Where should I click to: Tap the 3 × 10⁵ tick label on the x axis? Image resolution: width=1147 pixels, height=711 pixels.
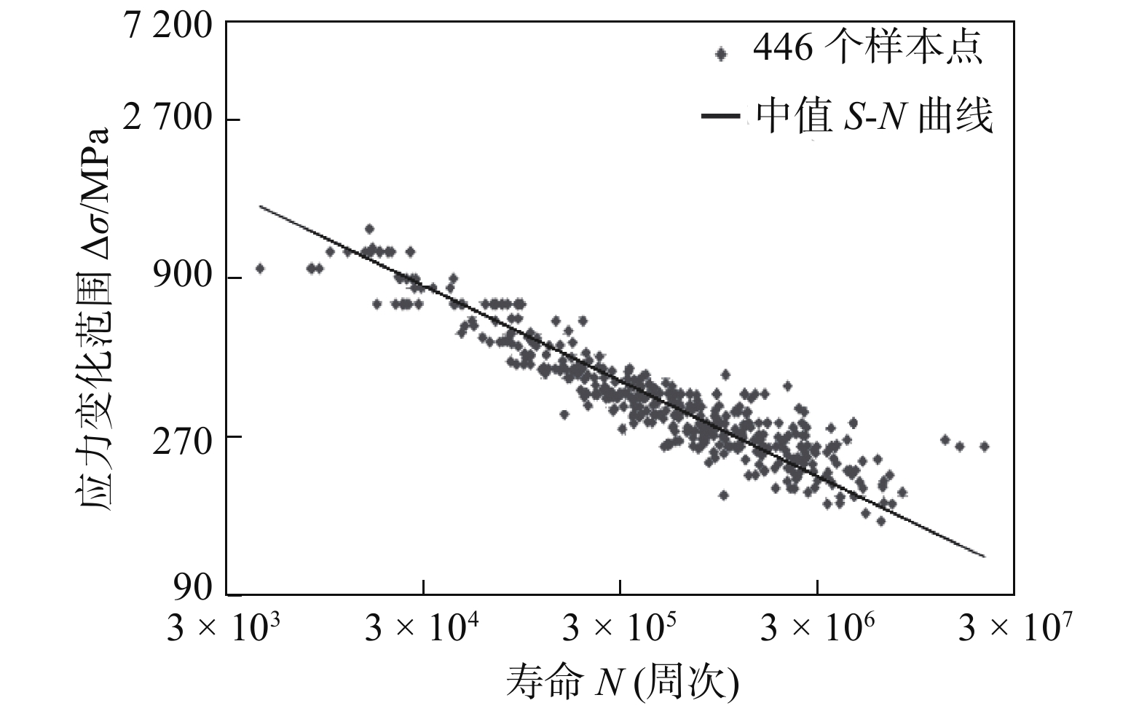620,627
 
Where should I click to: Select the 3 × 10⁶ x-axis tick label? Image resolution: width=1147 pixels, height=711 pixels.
817,627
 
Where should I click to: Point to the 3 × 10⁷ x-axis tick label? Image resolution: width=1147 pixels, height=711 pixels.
1014,627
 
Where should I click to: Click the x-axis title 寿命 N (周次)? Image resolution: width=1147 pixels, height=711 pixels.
623,683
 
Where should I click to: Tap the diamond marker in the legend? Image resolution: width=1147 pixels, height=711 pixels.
722,53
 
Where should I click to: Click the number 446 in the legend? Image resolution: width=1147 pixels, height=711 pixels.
783,50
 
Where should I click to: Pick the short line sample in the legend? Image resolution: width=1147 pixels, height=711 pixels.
721,117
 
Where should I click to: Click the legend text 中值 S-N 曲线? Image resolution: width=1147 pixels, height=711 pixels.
874,117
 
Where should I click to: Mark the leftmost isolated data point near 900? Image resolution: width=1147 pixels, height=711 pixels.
259,268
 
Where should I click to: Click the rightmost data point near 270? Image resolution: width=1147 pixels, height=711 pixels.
984,446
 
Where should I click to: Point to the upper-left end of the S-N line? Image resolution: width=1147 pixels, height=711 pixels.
261,206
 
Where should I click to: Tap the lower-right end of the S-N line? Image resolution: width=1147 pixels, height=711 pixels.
985,557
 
